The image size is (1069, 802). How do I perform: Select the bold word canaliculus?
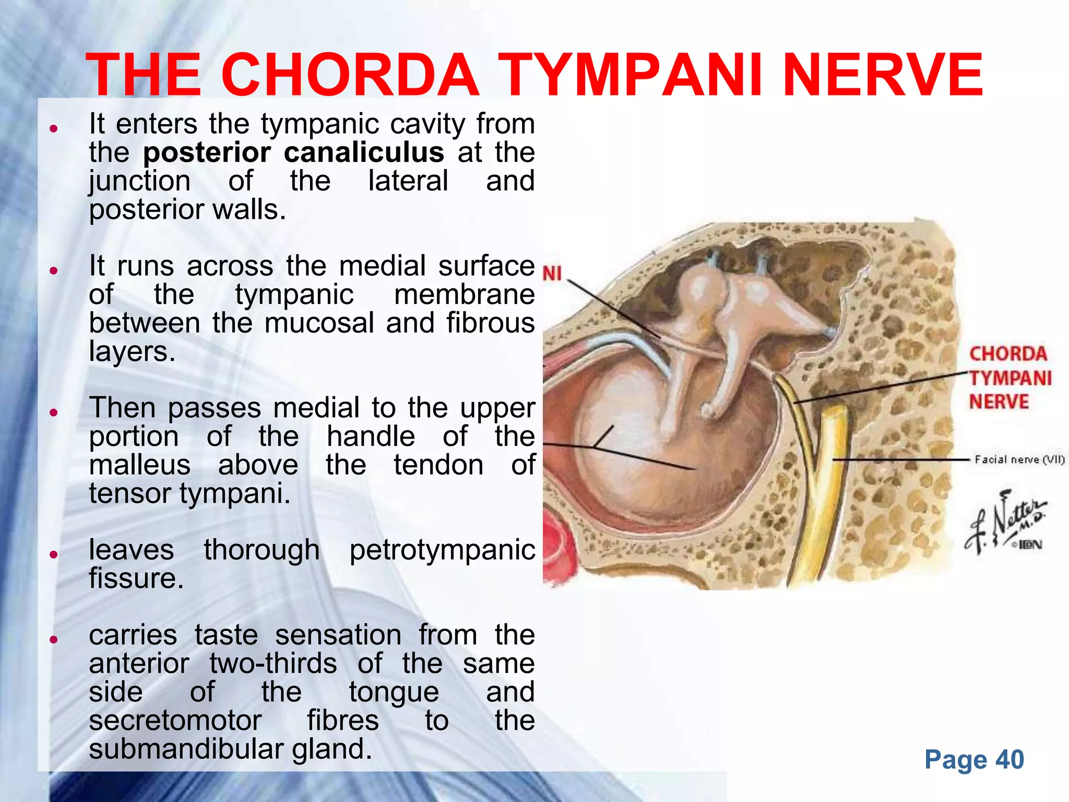click(x=364, y=152)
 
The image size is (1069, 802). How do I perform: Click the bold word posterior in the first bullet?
click(x=207, y=154)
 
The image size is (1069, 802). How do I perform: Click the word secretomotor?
click(x=175, y=721)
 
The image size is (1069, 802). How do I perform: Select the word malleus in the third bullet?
click(x=139, y=465)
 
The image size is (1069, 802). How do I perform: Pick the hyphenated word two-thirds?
click(x=273, y=664)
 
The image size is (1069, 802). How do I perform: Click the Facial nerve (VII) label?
click(x=1019, y=459)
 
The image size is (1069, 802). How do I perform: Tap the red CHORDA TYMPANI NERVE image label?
click(x=1009, y=378)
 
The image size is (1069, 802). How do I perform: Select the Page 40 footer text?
click(x=973, y=760)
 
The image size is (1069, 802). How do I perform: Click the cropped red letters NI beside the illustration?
click(x=552, y=274)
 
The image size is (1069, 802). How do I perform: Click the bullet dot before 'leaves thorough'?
click(x=53, y=555)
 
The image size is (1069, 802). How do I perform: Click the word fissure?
click(x=136, y=579)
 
